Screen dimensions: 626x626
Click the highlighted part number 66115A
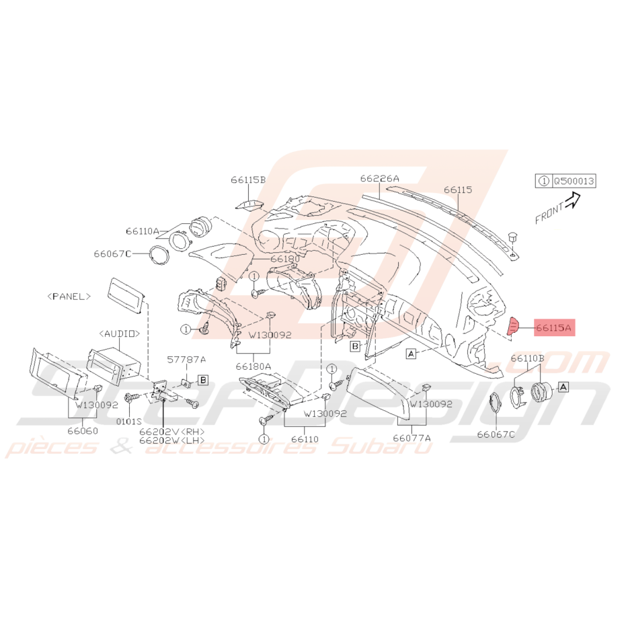click(x=554, y=327)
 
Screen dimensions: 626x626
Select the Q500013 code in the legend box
click(x=574, y=181)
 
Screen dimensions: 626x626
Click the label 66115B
click(x=248, y=180)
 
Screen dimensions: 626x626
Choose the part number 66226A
click(x=379, y=178)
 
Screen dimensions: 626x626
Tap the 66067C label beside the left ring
click(x=112, y=253)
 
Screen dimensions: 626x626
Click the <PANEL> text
click(x=69, y=297)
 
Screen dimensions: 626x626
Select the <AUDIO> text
click(x=120, y=334)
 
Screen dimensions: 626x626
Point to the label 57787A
click(x=186, y=359)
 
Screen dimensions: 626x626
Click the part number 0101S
click(x=129, y=421)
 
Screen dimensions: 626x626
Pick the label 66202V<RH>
click(x=172, y=432)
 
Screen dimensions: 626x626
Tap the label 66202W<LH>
click(x=172, y=440)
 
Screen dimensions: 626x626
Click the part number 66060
click(x=83, y=431)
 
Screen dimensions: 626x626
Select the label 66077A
click(x=412, y=438)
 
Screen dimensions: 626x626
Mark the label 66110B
click(x=527, y=358)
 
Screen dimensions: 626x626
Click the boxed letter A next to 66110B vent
click(x=563, y=387)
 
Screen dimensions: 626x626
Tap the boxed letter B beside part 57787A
click(x=203, y=380)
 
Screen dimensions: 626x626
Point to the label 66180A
click(x=253, y=366)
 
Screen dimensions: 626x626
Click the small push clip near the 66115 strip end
click(x=512, y=237)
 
